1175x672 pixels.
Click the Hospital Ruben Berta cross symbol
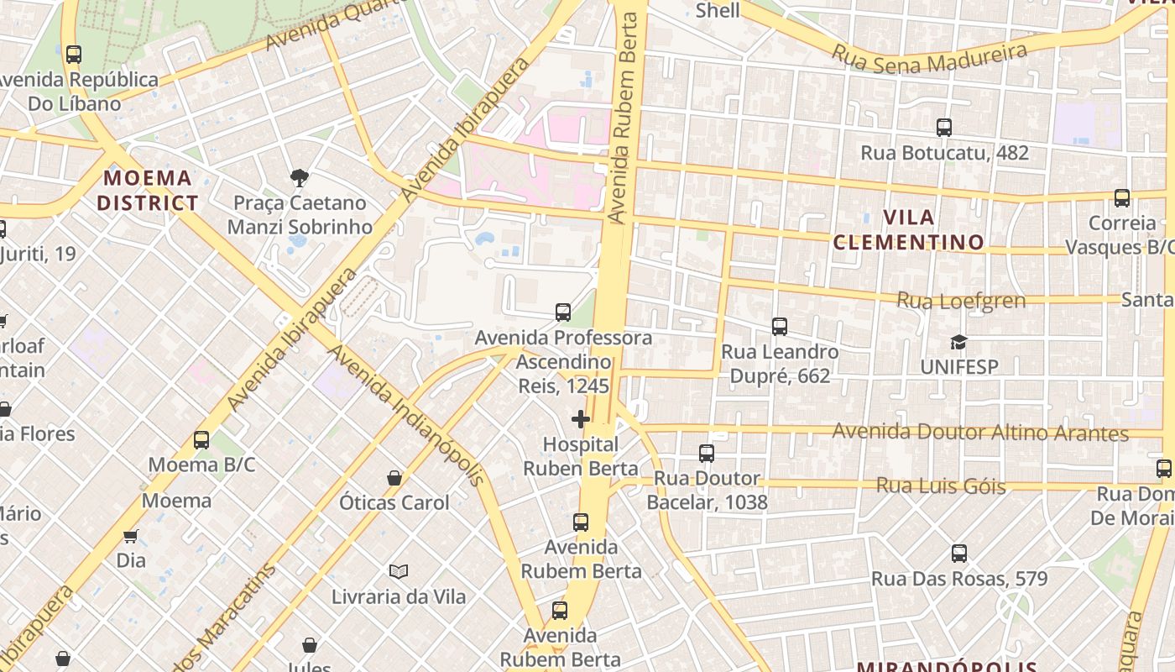point(580,418)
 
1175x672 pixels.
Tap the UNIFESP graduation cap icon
point(958,342)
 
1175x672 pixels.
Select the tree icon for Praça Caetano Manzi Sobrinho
point(299,177)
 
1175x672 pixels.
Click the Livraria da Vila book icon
point(399,571)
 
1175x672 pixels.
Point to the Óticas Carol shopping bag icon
point(394,478)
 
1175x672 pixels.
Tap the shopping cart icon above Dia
point(130,536)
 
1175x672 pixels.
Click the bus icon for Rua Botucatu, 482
point(944,128)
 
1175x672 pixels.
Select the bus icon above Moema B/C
point(201,439)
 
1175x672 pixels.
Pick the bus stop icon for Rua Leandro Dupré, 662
point(780,326)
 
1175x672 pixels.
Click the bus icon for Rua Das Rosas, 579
point(959,554)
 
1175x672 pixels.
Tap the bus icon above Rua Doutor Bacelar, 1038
point(707,454)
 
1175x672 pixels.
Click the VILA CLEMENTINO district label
point(908,230)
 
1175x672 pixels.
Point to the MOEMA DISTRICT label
point(147,191)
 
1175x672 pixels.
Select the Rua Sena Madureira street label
point(929,57)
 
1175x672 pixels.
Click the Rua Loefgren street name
point(961,300)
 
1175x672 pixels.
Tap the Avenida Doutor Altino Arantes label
point(979,433)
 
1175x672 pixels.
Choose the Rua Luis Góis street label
point(940,486)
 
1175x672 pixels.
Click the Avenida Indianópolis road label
point(406,414)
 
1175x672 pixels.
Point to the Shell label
point(718,10)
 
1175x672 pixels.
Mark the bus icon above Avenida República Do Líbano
point(74,55)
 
